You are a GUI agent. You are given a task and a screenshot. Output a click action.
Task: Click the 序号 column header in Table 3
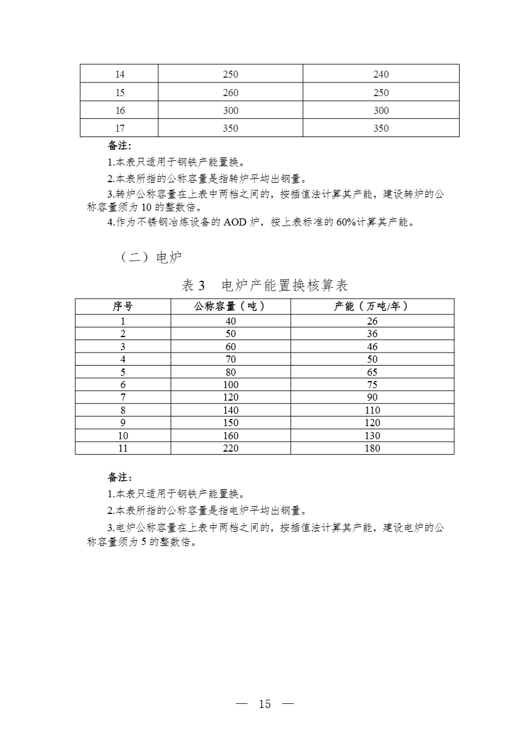pos(123,306)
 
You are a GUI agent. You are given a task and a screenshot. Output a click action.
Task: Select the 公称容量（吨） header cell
pos(230,306)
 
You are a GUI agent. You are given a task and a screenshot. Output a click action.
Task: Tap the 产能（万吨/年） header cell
pos(372,306)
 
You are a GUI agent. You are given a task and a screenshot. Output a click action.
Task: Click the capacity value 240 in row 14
pos(381,74)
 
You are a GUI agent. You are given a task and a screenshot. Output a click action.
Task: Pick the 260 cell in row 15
pos(230,93)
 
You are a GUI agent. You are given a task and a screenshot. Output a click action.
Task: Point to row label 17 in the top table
pos(120,128)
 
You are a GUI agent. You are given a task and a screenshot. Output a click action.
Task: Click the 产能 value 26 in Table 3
pos(372,321)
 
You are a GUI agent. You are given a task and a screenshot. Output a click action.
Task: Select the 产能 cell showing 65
pos(372,372)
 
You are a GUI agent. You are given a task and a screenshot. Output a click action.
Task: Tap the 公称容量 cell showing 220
pos(230,448)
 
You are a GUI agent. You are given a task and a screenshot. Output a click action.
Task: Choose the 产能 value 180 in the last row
pos(372,448)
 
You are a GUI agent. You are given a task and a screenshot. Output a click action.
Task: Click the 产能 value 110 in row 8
pos(372,410)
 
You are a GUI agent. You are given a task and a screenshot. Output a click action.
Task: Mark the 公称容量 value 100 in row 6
pos(230,385)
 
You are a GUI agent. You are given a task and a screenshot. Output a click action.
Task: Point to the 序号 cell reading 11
pos(123,448)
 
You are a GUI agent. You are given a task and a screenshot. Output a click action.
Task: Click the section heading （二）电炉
pos(151,258)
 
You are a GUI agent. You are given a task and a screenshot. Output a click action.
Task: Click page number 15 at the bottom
pos(264,704)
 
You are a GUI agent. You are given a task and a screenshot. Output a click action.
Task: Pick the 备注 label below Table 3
pos(120,477)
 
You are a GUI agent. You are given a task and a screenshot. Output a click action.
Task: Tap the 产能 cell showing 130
pos(372,436)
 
